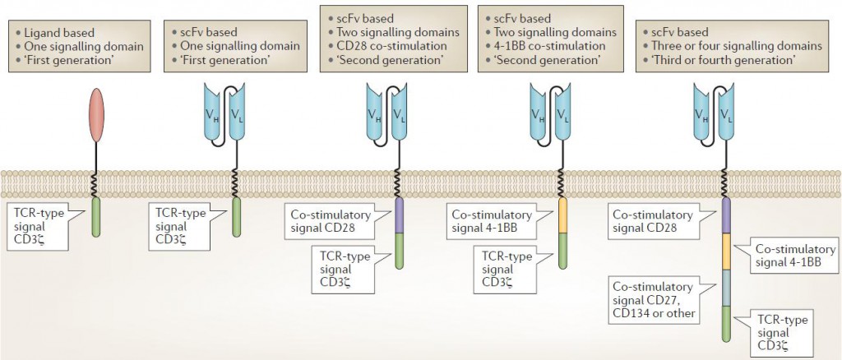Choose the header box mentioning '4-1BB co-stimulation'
point(544,37)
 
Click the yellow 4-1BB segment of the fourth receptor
point(562,215)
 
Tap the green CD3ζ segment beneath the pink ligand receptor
point(95,218)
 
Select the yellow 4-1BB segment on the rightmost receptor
point(726,252)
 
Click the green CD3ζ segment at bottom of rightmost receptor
point(726,323)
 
